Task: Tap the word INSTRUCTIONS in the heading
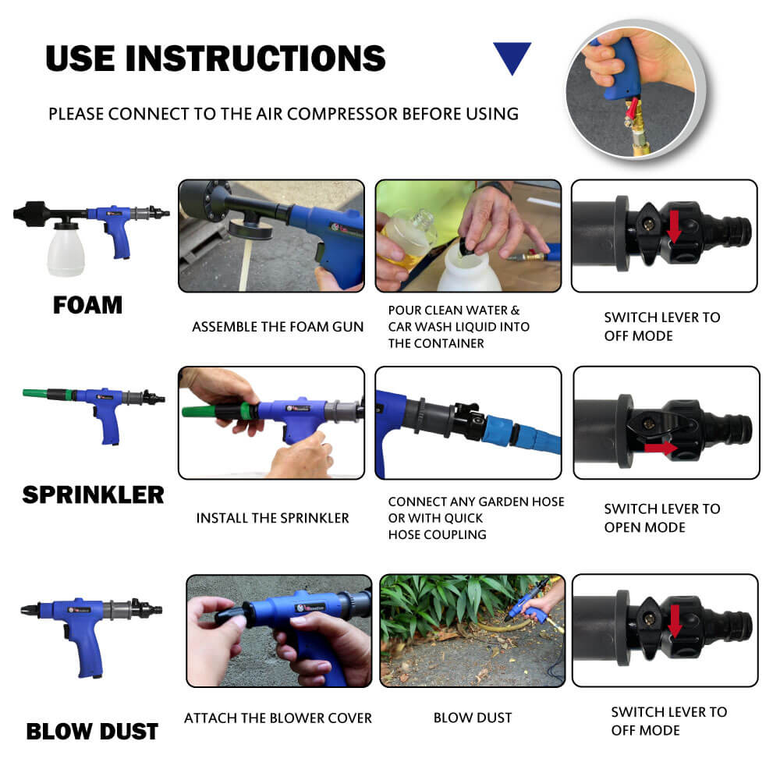(256, 58)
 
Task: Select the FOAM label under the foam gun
(87, 305)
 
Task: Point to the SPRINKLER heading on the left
(93, 495)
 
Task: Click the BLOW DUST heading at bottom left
(92, 732)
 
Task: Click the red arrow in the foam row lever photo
(675, 226)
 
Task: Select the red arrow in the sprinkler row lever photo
(661, 448)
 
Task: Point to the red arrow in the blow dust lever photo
(675, 620)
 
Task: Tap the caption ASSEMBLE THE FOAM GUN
(278, 327)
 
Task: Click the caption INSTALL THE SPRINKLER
(272, 519)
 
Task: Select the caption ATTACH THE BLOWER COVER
(278, 718)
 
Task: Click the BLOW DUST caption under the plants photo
(473, 718)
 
